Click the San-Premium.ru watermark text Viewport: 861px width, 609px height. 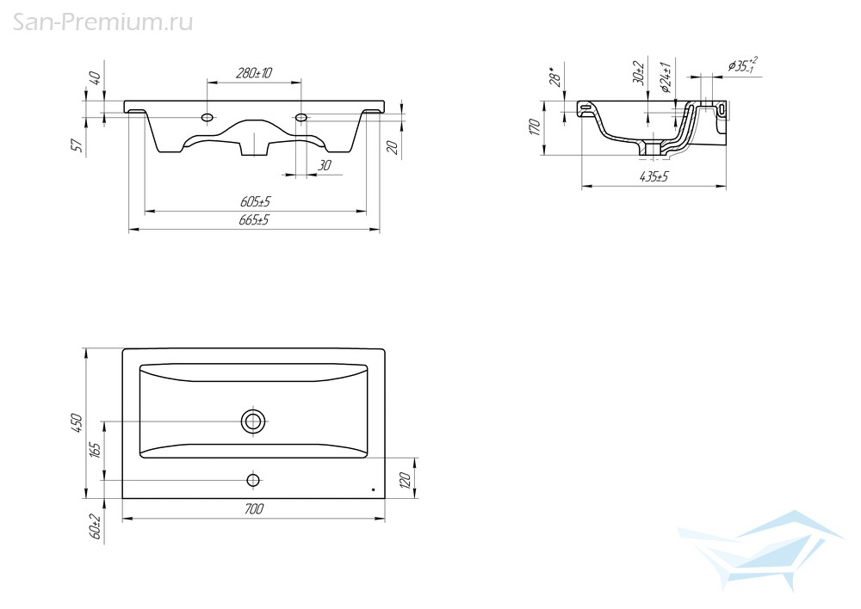coord(102,23)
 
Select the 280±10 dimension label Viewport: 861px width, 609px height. coord(254,73)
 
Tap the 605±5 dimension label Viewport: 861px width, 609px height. coord(256,202)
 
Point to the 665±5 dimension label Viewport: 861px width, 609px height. coord(254,220)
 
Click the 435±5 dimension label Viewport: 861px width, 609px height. coord(653,176)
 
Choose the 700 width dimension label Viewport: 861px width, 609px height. coord(253,509)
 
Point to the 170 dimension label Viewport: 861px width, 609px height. coord(536,127)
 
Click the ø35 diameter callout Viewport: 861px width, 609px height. coord(743,65)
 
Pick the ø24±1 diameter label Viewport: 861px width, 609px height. coord(666,77)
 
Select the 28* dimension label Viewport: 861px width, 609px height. coord(555,77)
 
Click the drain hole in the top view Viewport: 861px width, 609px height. coord(253,421)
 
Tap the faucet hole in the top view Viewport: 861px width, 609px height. coord(253,481)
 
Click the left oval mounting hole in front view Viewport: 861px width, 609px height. coord(208,117)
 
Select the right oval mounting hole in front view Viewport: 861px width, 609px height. coord(300,117)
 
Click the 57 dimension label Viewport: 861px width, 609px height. coord(77,145)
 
